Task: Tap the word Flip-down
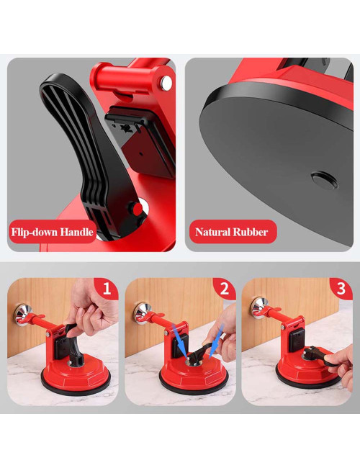click(x=33, y=232)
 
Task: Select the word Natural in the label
click(x=213, y=232)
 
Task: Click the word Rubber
click(x=252, y=232)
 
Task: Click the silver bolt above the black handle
click(x=166, y=84)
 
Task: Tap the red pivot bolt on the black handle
click(x=135, y=209)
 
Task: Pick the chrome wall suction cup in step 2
click(x=141, y=314)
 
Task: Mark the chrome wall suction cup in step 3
click(x=258, y=307)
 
